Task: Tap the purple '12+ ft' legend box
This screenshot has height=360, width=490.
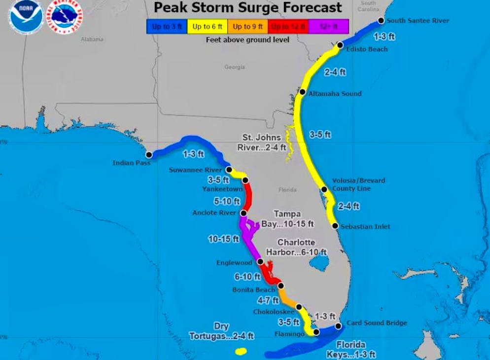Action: (328, 26)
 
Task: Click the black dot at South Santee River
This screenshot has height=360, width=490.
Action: (381, 21)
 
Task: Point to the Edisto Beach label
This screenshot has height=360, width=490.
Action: (367, 49)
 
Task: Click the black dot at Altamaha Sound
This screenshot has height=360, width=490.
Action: (303, 92)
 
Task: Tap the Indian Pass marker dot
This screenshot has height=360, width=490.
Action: (149, 155)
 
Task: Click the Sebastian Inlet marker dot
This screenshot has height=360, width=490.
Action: (335, 226)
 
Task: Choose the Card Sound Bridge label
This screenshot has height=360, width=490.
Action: (377, 323)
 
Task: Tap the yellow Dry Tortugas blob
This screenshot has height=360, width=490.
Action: (241, 352)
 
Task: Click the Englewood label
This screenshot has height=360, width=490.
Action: (234, 263)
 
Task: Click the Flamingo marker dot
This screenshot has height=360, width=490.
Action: (316, 332)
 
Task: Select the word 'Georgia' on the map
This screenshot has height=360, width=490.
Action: (234, 67)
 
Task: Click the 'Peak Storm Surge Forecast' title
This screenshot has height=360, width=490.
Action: (247, 8)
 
